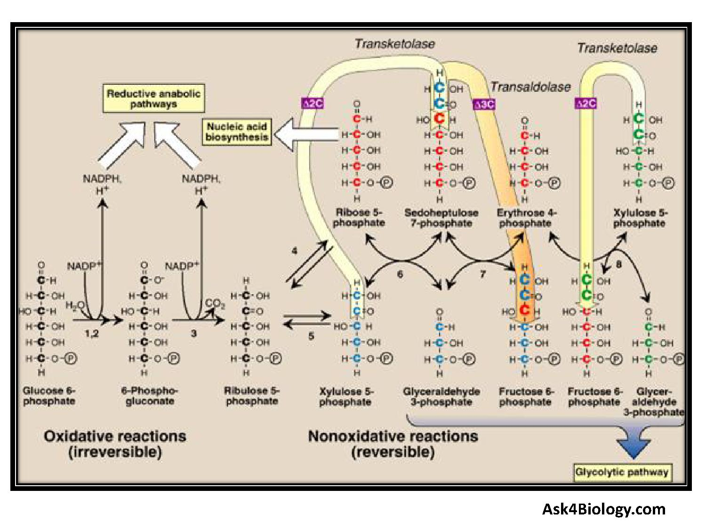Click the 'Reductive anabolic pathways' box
coord(153,99)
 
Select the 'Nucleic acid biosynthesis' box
coord(237,132)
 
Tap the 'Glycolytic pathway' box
coord(622,472)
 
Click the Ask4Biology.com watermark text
coord(604,509)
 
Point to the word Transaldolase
coord(530,87)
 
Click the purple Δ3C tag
coord(484,104)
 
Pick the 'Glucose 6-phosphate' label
coord(49,396)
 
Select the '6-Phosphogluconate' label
coord(150,396)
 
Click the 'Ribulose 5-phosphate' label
coord(252,396)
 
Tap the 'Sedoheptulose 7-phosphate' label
coord(441,218)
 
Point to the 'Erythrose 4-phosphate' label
coord(526,218)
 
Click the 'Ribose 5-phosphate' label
coord(359,217)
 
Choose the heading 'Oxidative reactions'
coord(115,436)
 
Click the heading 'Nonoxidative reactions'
coord(393,436)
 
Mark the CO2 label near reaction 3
coord(215,303)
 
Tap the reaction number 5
coord(311,336)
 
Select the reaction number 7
coord(482,274)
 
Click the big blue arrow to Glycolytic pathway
coord(634,444)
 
